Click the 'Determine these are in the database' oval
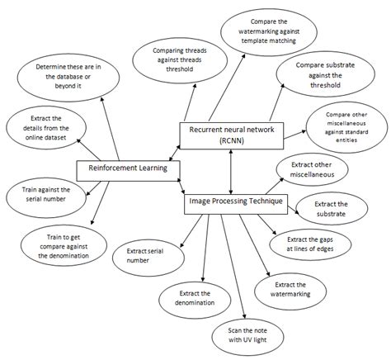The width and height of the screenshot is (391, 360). tap(69, 75)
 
